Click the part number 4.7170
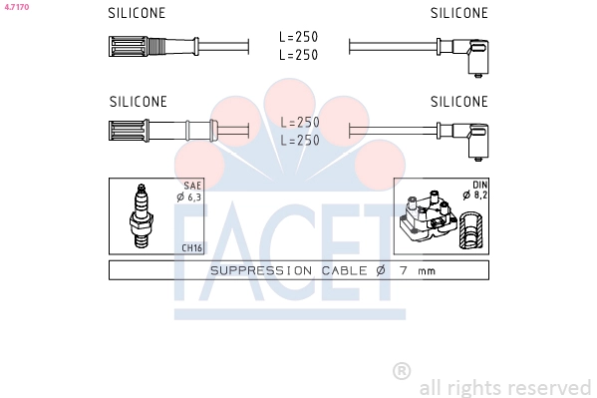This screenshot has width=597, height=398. tap(17, 6)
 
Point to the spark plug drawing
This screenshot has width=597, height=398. tap(141, 215)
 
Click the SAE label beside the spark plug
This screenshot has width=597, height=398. tap(192, 186)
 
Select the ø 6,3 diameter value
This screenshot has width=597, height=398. tap(188, 197)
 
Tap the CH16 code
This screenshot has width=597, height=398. tap(191, 247)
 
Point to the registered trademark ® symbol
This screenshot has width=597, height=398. tap(402, 370)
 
